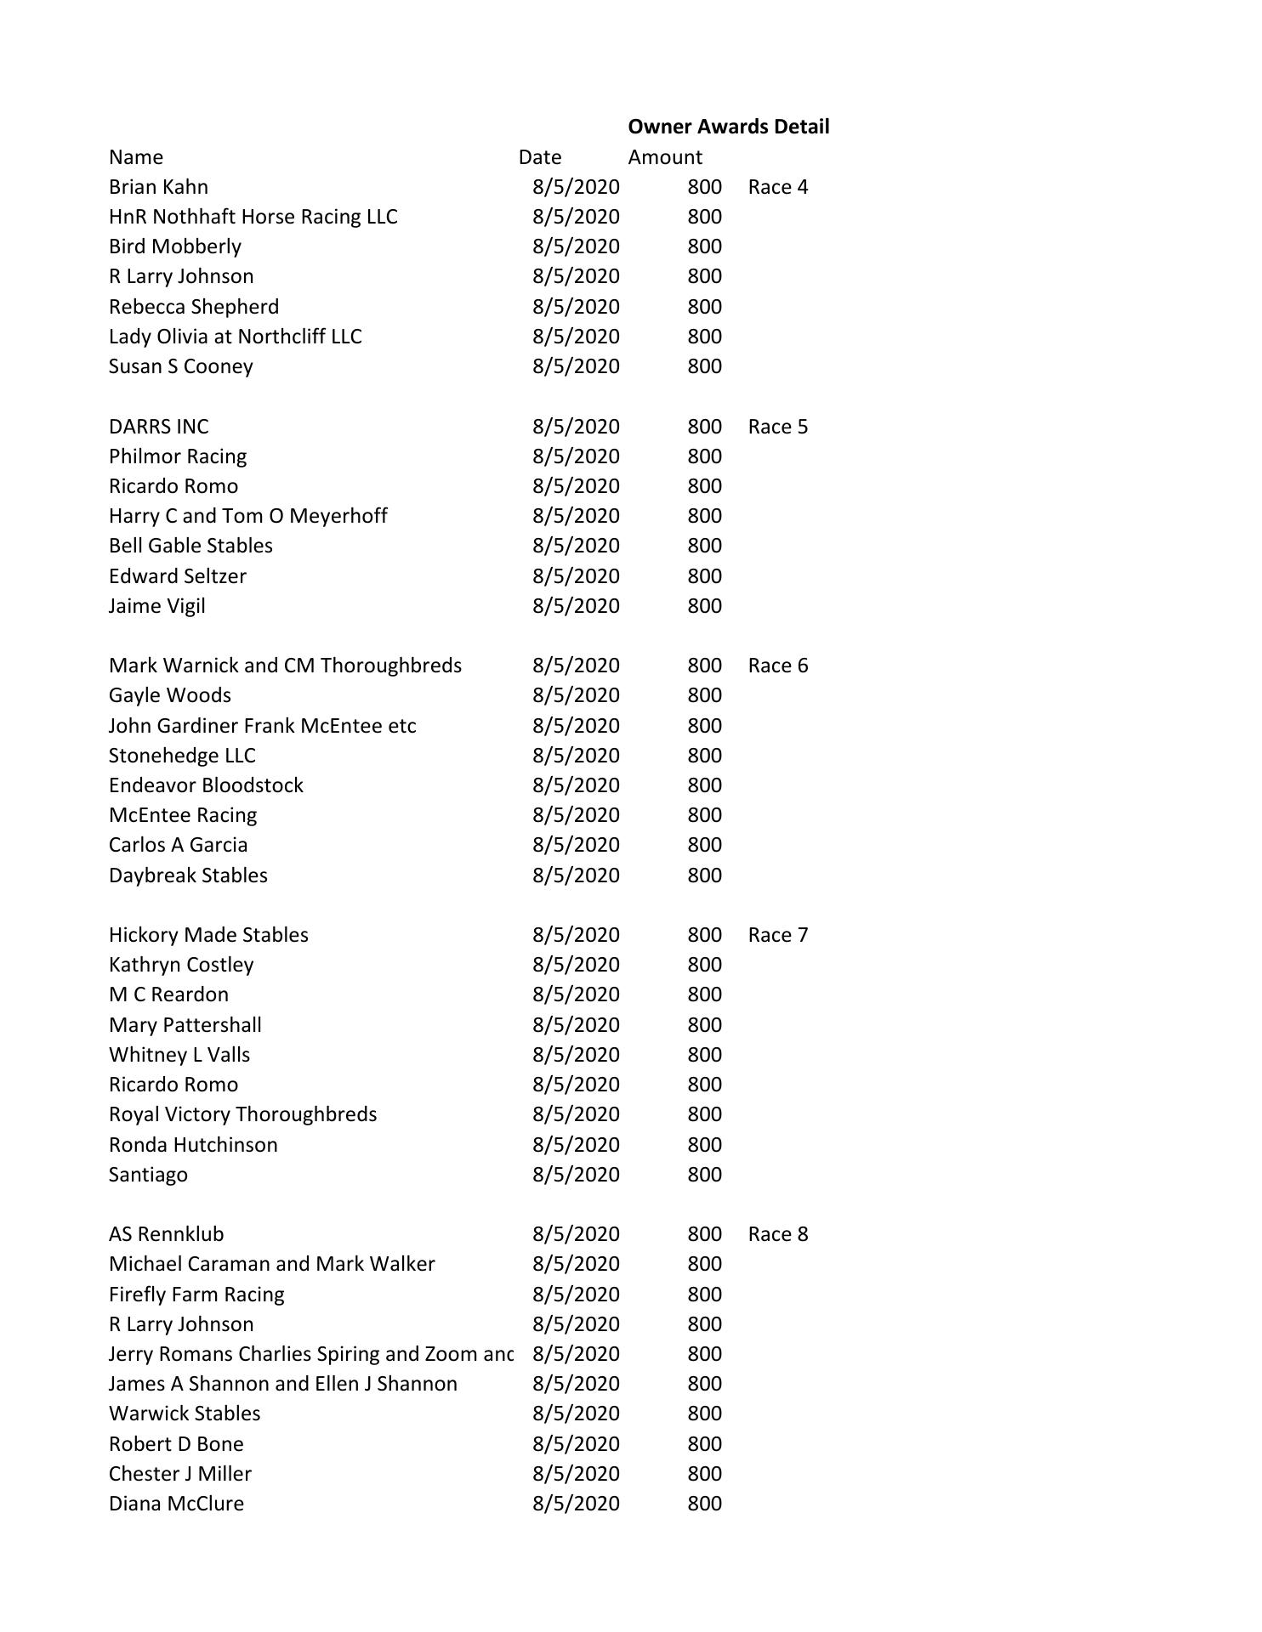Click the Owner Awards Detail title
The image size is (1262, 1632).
(728, 127)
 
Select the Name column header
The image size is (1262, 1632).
(136, 157)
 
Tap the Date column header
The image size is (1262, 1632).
(540, 157)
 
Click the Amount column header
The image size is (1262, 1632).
(665, 157)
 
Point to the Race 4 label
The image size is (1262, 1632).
(777, 187)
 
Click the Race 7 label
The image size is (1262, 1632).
(777, 935)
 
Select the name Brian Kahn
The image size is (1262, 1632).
(158, 187)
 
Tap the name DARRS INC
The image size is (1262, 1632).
(158, 427)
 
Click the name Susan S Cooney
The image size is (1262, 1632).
(180, 366)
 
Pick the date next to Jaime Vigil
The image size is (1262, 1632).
(576, 606)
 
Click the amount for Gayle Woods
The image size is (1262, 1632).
(704, 695)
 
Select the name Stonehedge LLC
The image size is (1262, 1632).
(182, 756)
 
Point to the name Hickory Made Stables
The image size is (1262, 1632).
(208, 935)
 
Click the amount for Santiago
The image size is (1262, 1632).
(704, 1175)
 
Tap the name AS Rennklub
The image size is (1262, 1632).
(166, 1234)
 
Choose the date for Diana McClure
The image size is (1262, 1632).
(576, 1504)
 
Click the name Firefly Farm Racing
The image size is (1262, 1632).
(196, 1295)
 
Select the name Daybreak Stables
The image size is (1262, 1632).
(188, 875)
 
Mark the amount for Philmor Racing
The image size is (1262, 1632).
(704, 456)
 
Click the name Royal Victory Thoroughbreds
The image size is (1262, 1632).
(242, 1114)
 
